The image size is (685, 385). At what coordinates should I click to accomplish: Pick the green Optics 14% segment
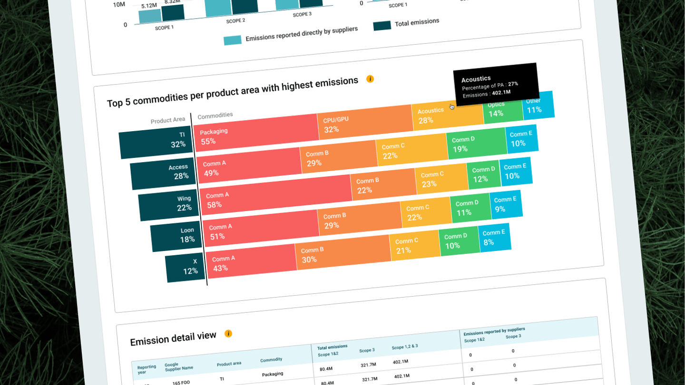(502, 109)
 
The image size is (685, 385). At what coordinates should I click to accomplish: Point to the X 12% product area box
(186, 267)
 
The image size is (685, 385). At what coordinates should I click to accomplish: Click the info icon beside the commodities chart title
(370, 79)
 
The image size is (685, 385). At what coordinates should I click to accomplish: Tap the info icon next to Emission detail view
(228, 334)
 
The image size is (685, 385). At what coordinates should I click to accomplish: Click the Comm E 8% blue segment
(495, 237)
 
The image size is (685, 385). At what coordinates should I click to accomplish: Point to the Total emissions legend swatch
(382, 26)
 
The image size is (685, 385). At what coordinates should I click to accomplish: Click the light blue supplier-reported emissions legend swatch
(233, 40)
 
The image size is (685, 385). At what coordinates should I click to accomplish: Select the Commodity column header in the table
(271, 360)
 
